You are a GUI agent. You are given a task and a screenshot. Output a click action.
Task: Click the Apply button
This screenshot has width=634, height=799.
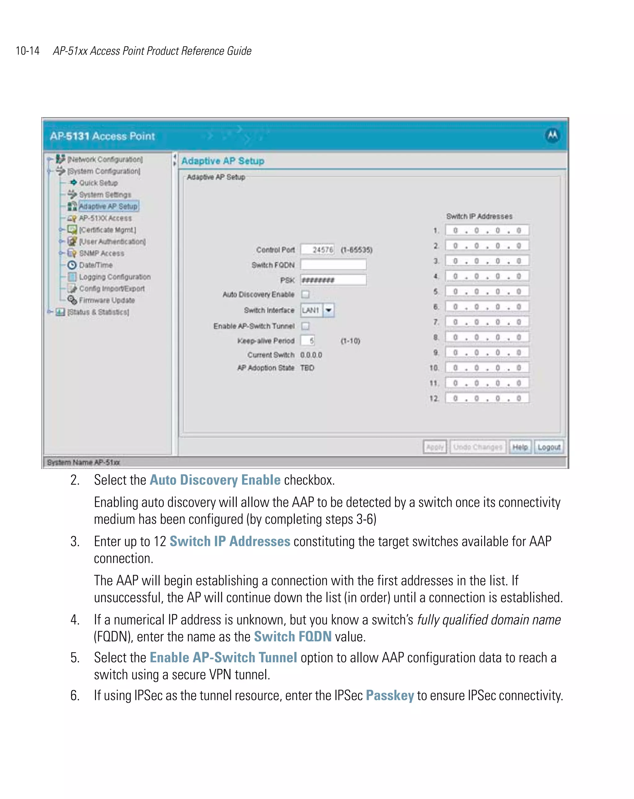point(435,447)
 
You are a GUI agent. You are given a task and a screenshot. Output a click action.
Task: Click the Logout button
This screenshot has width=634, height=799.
point(549,447)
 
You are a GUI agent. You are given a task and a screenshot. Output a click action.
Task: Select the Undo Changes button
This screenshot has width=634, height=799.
point(477,447)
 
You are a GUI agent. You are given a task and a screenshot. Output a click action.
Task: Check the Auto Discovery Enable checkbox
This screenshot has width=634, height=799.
point(305,295)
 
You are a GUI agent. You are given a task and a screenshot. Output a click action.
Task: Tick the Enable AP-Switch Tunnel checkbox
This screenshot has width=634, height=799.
point(305,326)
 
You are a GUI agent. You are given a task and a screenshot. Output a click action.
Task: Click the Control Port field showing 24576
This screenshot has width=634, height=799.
point(318,250)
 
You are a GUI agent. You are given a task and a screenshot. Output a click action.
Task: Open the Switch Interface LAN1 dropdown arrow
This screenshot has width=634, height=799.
point(328,310)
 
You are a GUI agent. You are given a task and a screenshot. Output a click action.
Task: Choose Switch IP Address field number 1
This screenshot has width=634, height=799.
point(487,230)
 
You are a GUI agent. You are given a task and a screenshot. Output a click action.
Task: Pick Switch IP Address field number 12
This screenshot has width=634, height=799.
point(487,398)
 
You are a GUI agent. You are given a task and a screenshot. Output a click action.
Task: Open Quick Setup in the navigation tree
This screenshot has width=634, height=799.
point(98,183)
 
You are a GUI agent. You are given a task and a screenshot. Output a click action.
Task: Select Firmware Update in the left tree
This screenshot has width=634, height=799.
point(107,300)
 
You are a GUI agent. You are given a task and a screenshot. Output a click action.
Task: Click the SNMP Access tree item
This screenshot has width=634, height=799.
point(102,253)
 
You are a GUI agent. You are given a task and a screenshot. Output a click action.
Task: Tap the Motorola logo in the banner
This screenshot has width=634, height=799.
point(552,135)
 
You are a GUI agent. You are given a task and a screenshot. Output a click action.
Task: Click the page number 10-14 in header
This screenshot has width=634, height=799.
point(28,51)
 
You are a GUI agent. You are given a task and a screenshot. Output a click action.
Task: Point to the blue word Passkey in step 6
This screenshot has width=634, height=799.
point(389,696)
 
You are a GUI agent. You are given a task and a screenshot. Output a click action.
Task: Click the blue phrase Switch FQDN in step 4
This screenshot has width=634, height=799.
point(293,637)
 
